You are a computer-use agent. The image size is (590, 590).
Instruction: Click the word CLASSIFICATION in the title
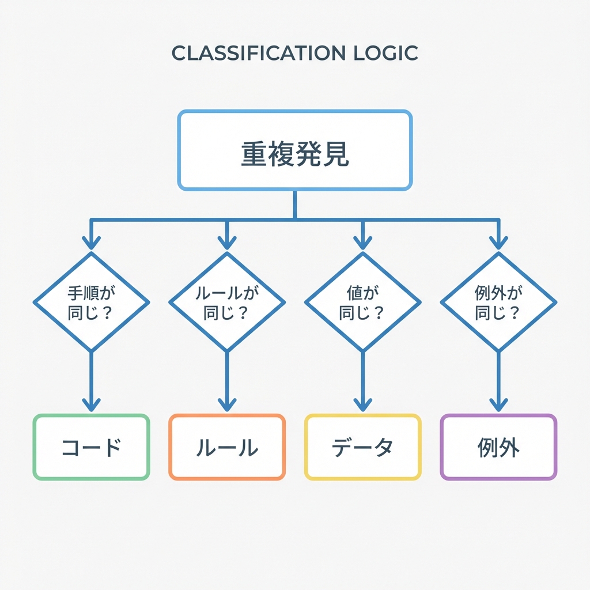(250, 53)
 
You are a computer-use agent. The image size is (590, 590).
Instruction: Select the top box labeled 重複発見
(295, 150)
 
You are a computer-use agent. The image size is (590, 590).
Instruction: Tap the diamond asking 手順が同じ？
(91, 302)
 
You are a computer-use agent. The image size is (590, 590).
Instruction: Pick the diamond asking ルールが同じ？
(227, 302)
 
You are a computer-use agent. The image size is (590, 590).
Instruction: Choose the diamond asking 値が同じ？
(362, 302)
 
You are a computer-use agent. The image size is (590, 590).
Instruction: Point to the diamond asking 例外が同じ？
(498, 302)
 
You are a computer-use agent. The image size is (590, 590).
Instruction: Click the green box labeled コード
(91, 447)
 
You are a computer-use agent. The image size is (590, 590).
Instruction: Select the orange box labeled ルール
(227, 447)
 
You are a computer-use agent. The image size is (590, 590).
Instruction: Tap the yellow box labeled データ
(362, 447)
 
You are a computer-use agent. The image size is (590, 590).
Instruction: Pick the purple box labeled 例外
(498, 447)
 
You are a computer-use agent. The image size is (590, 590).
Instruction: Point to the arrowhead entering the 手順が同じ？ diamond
(91, 242)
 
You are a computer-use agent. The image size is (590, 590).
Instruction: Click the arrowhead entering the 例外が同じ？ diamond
(498, 242)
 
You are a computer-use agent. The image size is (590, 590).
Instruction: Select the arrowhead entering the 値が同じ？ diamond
(362, 242)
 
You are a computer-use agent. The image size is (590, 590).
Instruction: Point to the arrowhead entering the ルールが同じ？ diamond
(227, 242)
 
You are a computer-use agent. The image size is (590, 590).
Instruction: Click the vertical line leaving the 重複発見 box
(295, 204)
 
